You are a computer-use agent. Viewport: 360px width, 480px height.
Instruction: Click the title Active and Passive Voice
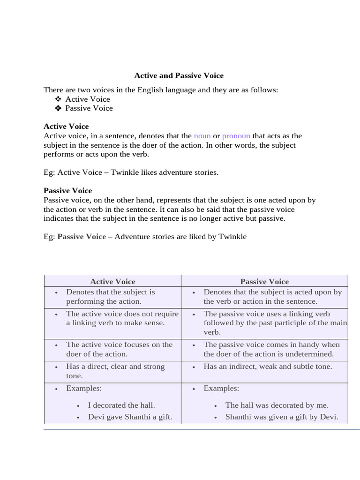pyautogui.click(x=179, y=75)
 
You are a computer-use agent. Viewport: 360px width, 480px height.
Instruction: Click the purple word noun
pyautogui.click(x=202, y=136)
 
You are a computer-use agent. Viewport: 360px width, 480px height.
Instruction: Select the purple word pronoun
pyautogui.click(x=236, y=136)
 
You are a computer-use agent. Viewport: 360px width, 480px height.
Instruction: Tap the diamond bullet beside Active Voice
pyautogui.click(x=58, y=99)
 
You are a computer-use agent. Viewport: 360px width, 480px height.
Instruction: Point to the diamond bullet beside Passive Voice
pyautogui.click(x=58, y=108)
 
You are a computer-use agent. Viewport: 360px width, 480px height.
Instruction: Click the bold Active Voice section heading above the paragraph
pyautogui.click(x=66, y=127)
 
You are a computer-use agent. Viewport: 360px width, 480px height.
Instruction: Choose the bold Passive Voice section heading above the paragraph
pyautogui.click(x=67, y=191)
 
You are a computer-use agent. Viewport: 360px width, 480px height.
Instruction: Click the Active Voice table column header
pyautogui.click(x=112, y=282)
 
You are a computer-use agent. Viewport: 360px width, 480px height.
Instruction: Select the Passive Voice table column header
pyautogui.click(x=264, y=282)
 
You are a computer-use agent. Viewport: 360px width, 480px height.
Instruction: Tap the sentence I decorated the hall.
pyautogui.click(x=121, y=405)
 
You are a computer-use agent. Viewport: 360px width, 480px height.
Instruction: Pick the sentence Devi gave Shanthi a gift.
pyautogui.click(x=130, y=417)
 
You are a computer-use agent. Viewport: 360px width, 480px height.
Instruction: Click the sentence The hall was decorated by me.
pyautogui.click(x=277, y=405)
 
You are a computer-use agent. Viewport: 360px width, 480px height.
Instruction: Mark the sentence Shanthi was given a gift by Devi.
pyautogui.click(x=281, y=417)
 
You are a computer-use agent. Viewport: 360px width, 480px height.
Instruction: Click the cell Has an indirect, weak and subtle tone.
pyautogui.click(x=267, y=367)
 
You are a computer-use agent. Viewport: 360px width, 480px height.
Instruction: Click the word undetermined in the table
pyautogui.click(x=311, y=354)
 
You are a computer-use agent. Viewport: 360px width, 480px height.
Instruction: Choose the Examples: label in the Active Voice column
pyautogui.click(x=84, y=389)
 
